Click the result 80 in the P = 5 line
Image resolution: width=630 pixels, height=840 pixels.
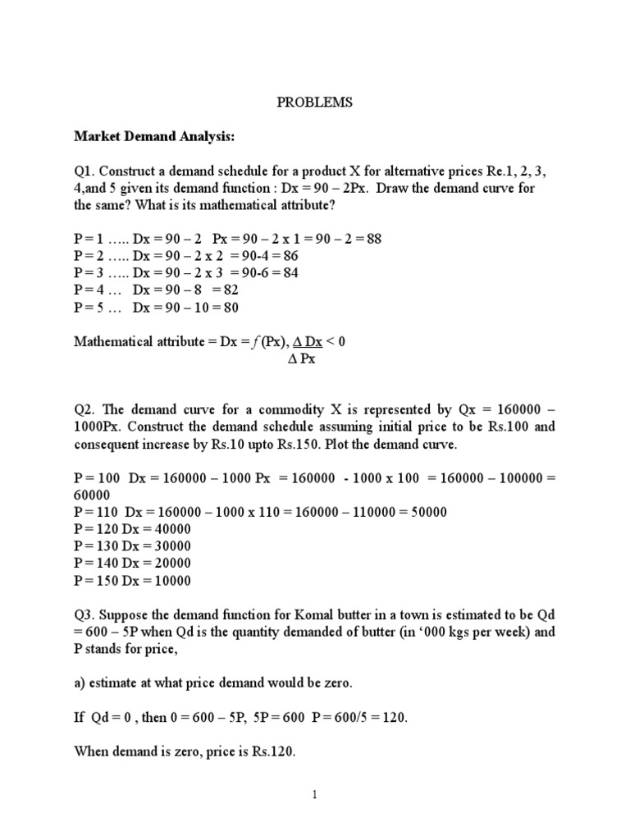[230, 308]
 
